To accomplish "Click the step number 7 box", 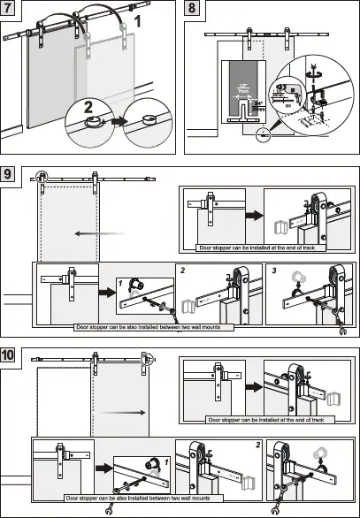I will coord(11,11).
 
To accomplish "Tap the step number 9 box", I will coord(11,174).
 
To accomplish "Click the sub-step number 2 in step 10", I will coord(257,445).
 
